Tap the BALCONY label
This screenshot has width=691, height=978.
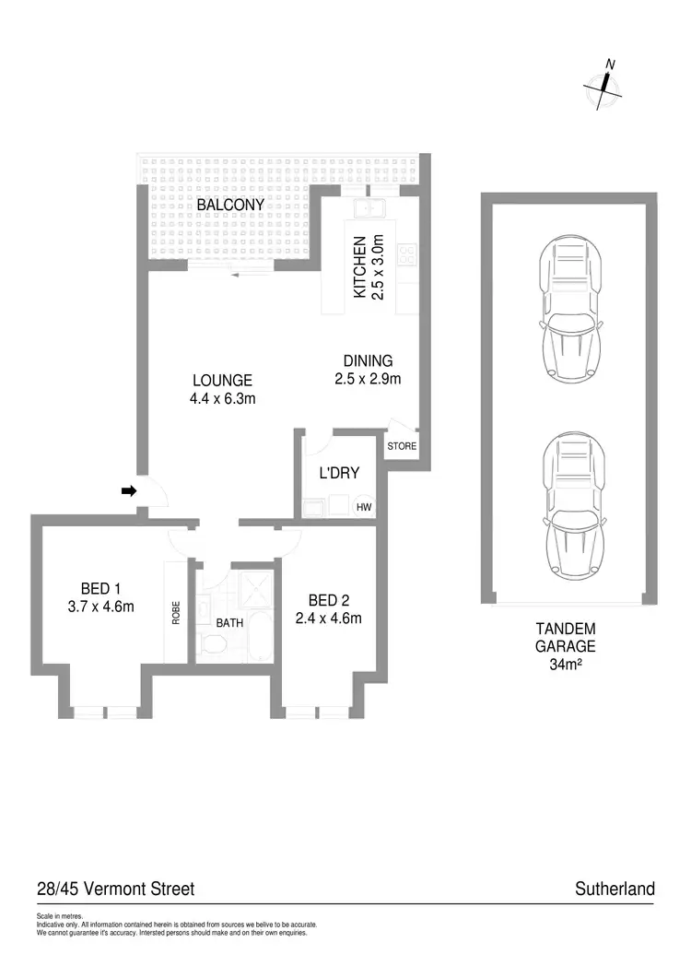230,205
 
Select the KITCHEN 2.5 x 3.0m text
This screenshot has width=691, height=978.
368,265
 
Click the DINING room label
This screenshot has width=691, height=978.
368,361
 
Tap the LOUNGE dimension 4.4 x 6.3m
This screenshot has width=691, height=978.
222,399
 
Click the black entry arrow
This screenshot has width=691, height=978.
129,491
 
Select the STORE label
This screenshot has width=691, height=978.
402,447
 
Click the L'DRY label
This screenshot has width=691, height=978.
338,474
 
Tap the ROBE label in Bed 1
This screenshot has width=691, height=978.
176,613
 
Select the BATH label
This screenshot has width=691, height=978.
229,623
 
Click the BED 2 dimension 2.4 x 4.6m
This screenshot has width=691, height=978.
328,619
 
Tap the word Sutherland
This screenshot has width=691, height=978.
615,889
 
